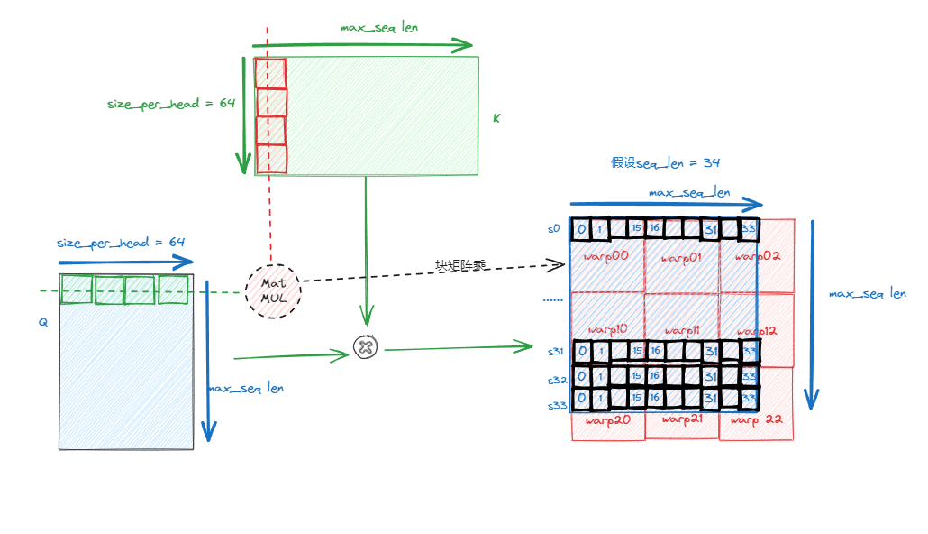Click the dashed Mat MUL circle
pos(273,291)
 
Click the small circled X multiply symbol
pos(365,347)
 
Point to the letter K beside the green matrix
pos(496,117)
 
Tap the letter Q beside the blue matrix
pos(42,321)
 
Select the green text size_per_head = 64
pos(171,104)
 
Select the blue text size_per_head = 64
pos(121,243)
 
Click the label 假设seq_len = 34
pos(665,162)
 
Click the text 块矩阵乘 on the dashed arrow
pos(459,265)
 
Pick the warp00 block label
pos(607,257)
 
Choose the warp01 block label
pos(681,259)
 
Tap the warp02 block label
pos(757,256)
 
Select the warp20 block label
pos(608,419)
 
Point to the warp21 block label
pos(682,419)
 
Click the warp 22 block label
pos(756,420)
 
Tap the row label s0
pos(554,229)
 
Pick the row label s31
pos(556,351)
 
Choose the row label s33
pos(557,406)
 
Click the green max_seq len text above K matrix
pos(379,27)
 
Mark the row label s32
pos(556,380)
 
